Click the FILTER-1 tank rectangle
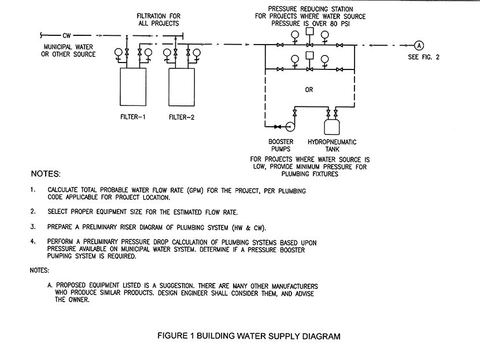coord(133,87)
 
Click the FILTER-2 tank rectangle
coord(182,87)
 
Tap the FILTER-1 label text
coord(133,117)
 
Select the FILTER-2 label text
coord(182,117)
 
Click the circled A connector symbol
coord(419,46)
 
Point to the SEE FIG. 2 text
coord(423,57)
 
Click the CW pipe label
coord(67,35)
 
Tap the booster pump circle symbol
coord(290,126)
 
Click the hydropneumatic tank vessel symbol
coord(332,127)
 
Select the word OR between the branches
coord(309,90)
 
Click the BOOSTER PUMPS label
coord(280,145)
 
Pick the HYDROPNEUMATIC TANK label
coord(332,145)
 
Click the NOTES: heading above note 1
coord(46,174)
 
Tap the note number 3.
coord(33,227)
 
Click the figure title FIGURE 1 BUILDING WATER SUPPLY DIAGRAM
coord(249,336)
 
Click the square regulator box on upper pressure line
coord(310,31)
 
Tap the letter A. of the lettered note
coord(50,285)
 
